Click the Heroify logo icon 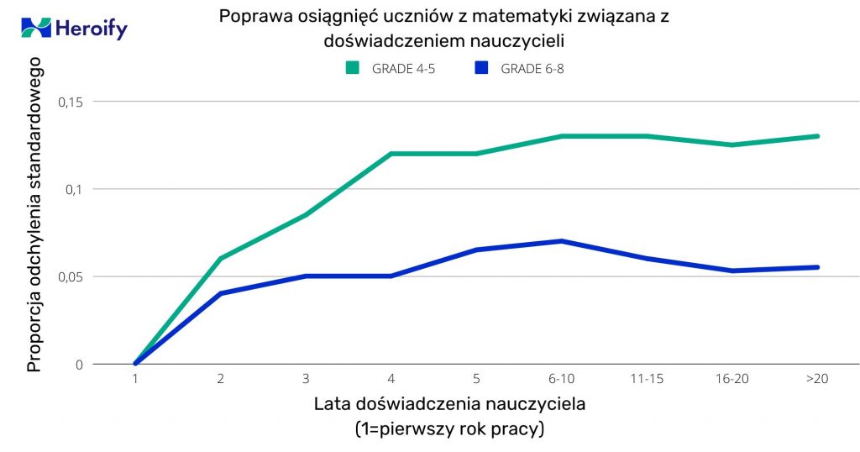(36, 28)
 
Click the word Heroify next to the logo (91, 29)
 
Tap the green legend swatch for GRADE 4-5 (352, 68)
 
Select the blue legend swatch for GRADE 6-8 (480, 68)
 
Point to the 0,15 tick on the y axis (71, 102)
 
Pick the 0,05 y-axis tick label (71, 276)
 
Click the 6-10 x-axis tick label (561, 379)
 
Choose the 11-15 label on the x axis (647, 379)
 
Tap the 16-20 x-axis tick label (732, 379)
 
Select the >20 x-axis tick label (817, 379)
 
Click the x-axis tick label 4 (391, 379)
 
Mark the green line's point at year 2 (220, 259)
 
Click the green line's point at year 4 (391, 154)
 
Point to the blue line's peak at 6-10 (561, 241)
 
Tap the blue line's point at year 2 (220, 293)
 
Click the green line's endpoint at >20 (817, 136)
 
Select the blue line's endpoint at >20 (817, 267)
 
